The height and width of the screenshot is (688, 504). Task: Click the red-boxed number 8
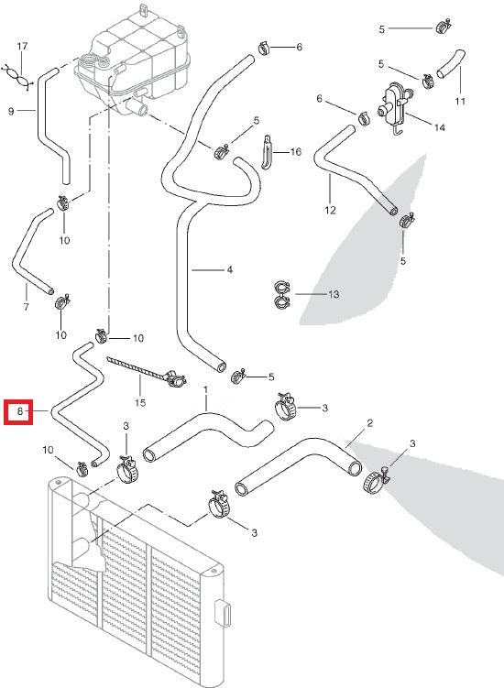coord(19,413)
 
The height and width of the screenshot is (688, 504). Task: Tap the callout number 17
coord(23,46)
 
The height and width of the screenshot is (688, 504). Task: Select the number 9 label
coord(11,112)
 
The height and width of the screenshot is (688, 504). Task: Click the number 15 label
coord(139,402)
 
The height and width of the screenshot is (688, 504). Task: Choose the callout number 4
coord(229,269)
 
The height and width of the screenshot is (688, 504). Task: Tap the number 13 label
coord(333,294)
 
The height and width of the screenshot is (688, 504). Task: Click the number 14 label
coord(439,127)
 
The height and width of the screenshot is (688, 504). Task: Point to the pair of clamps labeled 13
coord(282,294)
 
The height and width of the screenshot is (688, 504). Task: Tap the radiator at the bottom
coord(128,577)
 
